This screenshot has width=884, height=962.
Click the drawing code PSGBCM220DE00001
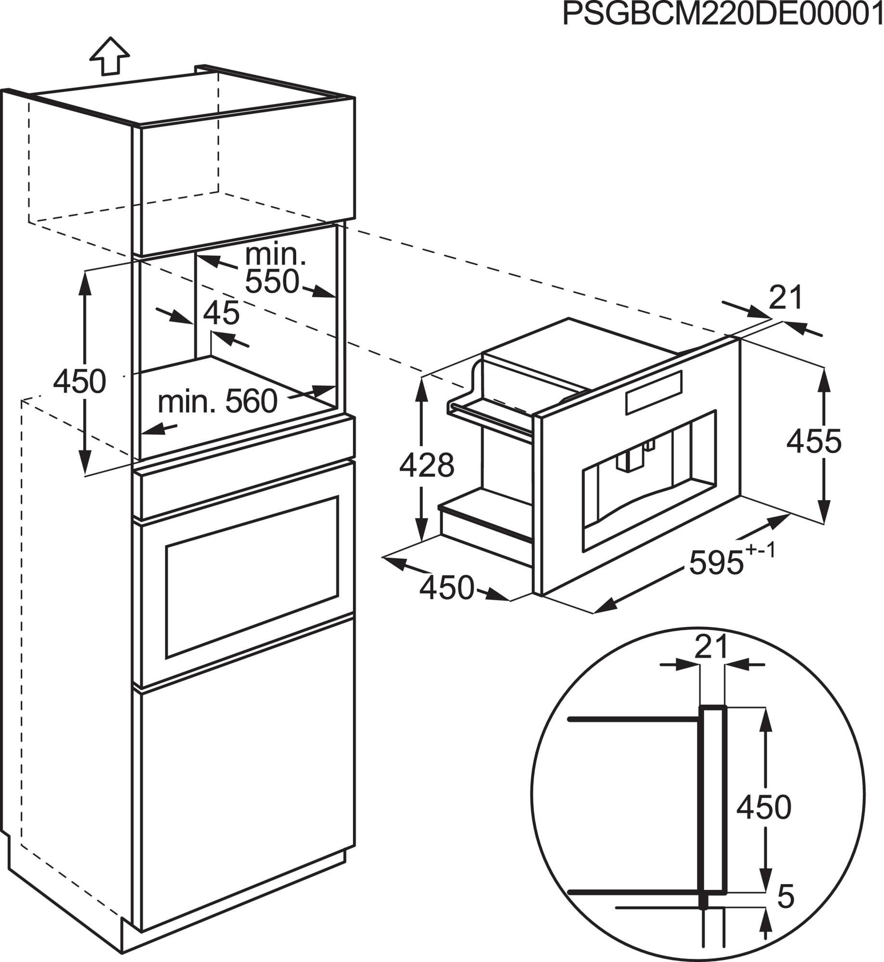tap(723, 15)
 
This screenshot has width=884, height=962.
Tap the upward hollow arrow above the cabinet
tap(110, 56)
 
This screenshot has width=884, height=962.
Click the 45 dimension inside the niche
tap(221, 313)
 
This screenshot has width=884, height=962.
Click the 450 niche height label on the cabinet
tap(79, 382)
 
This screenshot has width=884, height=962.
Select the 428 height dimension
tap(427, 465)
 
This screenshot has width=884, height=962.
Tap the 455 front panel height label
tap(814, 441)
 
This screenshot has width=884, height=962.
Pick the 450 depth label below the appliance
tap(447, 588)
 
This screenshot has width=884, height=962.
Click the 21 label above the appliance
tap(786, 298)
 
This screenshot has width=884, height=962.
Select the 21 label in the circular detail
tap(712, 648)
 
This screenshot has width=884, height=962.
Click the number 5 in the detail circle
tap(785, 896)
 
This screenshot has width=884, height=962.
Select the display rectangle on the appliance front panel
tap(654, 393)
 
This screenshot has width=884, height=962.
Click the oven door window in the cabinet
tap(252, 577)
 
